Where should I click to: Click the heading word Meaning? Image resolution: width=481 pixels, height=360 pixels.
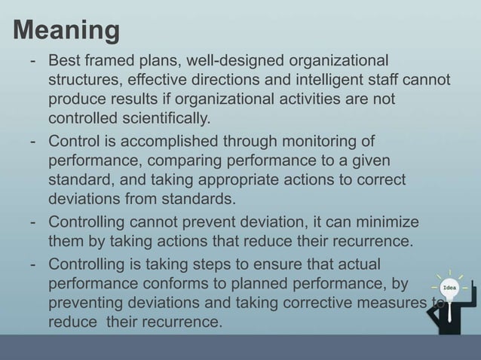pos(66,31)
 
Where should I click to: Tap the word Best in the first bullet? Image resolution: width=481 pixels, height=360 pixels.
pos(64,60)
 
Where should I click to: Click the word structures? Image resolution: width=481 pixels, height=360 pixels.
pos(84,80)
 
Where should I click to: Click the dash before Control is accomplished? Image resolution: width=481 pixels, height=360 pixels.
pos(34,141)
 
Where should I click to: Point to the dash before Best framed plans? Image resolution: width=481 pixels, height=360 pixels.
pos(34,60)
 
